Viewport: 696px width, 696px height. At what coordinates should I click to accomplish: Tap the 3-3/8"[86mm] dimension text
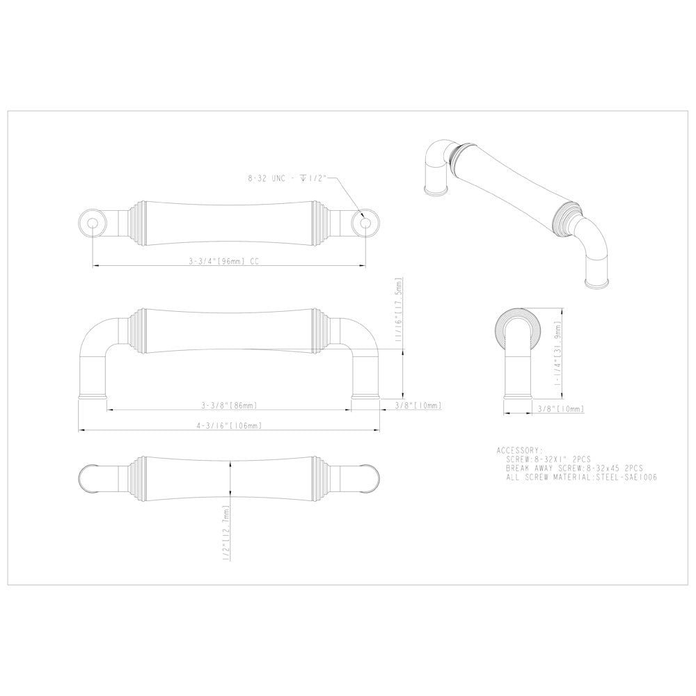point(228,405)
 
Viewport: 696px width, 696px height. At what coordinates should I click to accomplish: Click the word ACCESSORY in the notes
point(519,450)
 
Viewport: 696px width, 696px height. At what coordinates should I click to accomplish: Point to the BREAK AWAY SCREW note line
point(574,469)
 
